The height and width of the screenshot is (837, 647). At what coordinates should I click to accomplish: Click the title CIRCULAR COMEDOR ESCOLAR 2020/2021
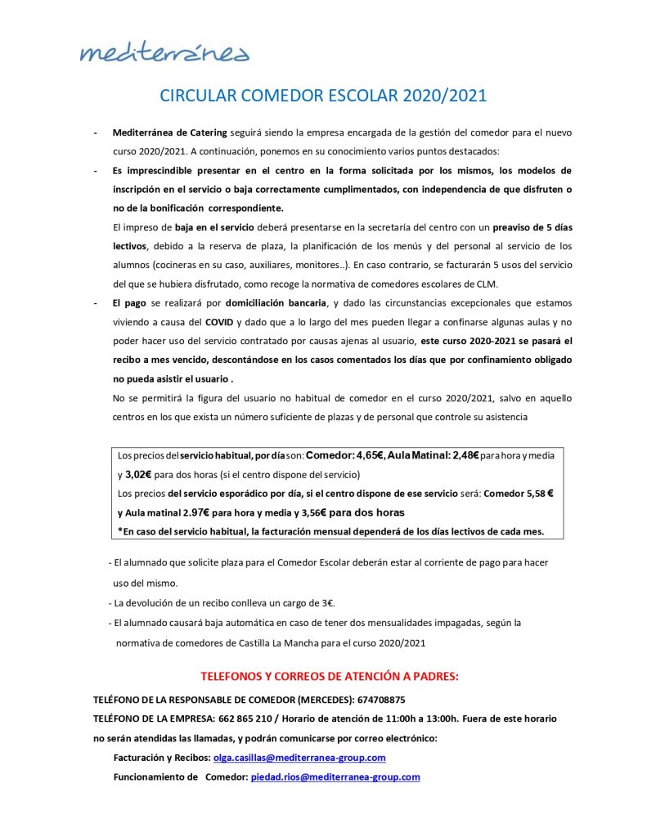click(x=323, y=96)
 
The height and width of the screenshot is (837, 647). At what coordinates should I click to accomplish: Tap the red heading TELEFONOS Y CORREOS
click(x=330, y=677)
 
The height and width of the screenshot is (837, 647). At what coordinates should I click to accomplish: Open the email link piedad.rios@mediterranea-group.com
click(x=335, y=777)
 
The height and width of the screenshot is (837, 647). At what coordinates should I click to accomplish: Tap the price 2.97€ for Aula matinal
click(x=190, y=512)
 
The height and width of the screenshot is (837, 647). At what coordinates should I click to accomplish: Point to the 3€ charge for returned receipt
click(x=326, y=603)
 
